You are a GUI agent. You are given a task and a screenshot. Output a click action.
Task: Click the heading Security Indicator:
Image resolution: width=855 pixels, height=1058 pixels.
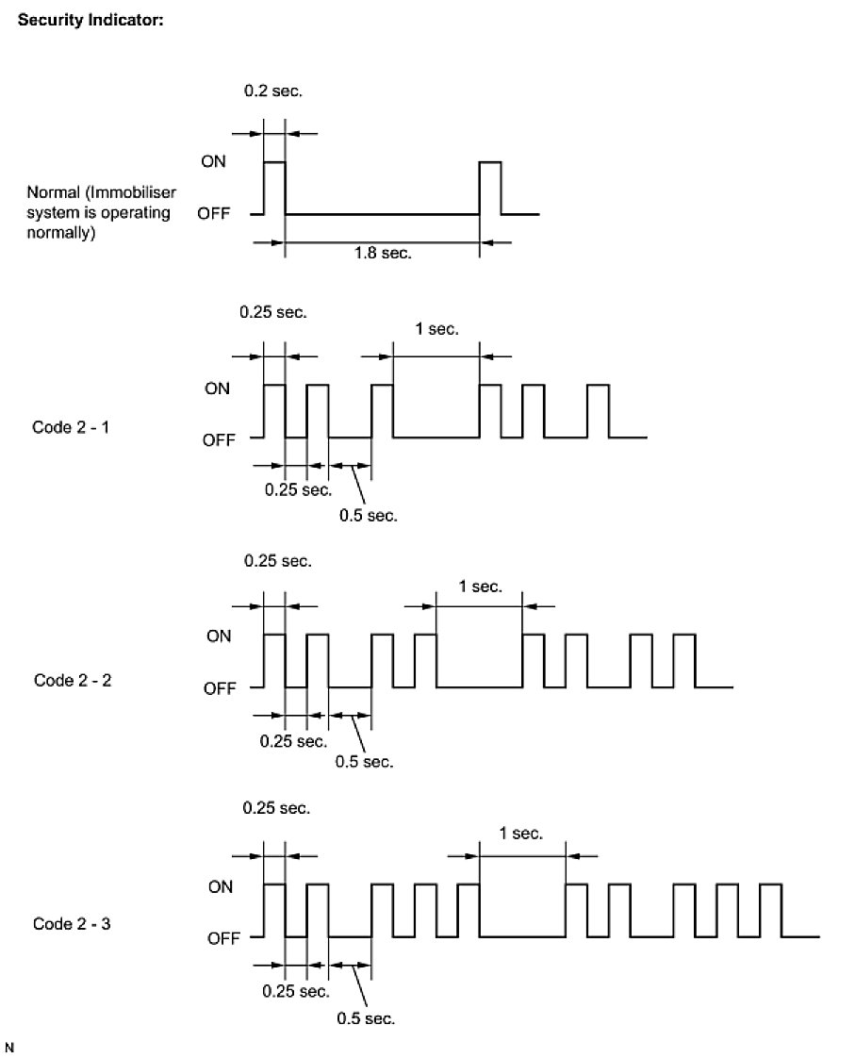[x=91, y=20]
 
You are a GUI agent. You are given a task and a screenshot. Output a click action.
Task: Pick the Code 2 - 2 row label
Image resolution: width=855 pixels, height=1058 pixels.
[x=73, y=679]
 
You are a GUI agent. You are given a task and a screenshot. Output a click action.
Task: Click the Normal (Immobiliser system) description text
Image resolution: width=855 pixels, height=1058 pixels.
[x=99, y=213]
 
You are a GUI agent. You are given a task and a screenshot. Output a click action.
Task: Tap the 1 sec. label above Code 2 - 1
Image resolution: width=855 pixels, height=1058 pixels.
[x=436, y=329]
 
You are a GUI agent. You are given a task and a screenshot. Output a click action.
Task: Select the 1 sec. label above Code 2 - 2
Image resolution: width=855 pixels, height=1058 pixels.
[x=480, y=586]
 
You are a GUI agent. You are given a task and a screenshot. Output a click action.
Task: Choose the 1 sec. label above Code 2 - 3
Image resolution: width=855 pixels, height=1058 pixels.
[x=521, y=833]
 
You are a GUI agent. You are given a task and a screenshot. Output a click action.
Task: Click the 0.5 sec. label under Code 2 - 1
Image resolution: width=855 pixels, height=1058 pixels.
[x=369, y=515]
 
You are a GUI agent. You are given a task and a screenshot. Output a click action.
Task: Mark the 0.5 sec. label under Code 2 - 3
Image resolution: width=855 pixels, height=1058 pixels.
[x=366, y=1018]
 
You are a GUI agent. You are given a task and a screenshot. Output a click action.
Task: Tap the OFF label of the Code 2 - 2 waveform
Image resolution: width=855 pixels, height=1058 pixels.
[x=220, y=689]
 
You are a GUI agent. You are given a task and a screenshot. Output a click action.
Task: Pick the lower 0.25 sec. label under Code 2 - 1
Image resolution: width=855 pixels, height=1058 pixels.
[x=298, y=489]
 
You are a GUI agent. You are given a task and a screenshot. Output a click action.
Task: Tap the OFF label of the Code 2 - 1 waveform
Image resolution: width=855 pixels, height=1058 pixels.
[x=218, y=438]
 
